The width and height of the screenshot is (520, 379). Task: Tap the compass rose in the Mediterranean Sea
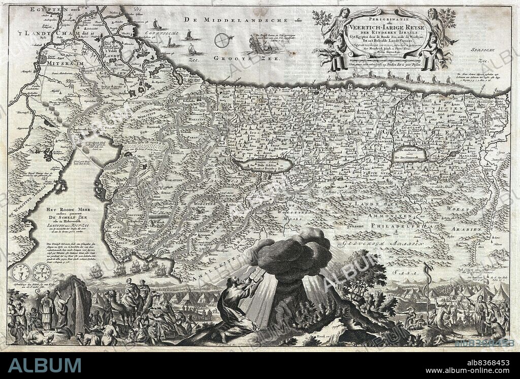pos(221,40)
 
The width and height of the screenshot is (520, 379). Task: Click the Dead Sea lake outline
pos(264,165)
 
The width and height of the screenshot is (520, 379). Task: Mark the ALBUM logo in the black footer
pos(44,365)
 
